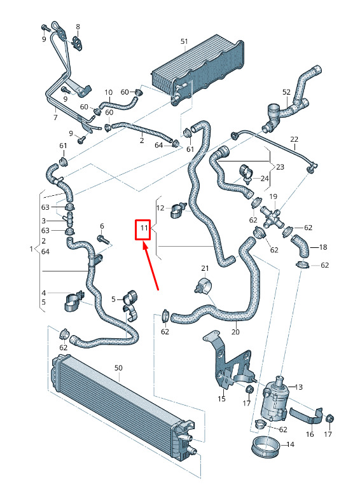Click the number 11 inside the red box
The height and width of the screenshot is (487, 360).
click(144, 228)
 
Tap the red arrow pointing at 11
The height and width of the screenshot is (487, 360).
click(151, 267)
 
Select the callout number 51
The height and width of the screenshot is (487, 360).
click(184, 41)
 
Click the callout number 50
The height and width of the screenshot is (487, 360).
click(118, 367)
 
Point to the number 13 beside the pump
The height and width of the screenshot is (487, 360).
click(298, 387)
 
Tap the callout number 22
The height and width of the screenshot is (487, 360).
click(294, 139)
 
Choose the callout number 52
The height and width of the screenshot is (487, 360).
click(286, 92)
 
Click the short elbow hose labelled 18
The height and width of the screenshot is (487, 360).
click(300, 246)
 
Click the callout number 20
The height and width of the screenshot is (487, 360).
click(235, 332)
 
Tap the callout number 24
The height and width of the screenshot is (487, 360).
click(265, 179)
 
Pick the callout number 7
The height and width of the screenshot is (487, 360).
click(55, 118)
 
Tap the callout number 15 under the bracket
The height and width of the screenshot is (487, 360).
click(221, 399)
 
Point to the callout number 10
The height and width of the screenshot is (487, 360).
click(108, 92)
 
